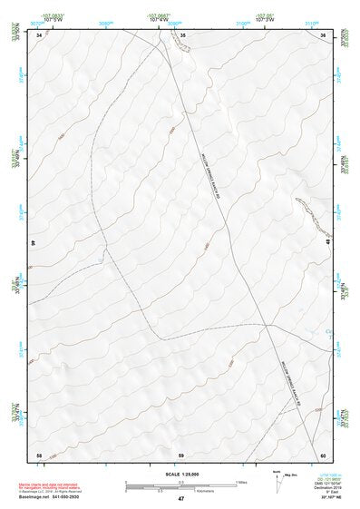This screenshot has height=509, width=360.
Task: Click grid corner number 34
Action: pyautogui.click(x=39, y=34)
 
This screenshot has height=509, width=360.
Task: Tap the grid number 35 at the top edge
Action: pyautogui.click(x=182, y=34)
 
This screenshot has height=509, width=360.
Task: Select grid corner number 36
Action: pyautogui.click(x=323, y=34)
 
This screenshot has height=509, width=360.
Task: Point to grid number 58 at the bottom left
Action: pyautogui.click(x=39, y=454)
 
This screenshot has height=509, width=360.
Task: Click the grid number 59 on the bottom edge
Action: pyautogui.click(x=181, y=454)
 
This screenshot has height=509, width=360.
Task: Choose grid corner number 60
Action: pyautogui.click(x=323, y=454)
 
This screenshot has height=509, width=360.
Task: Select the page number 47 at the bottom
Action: pyautogui.click(x=181, y=498)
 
